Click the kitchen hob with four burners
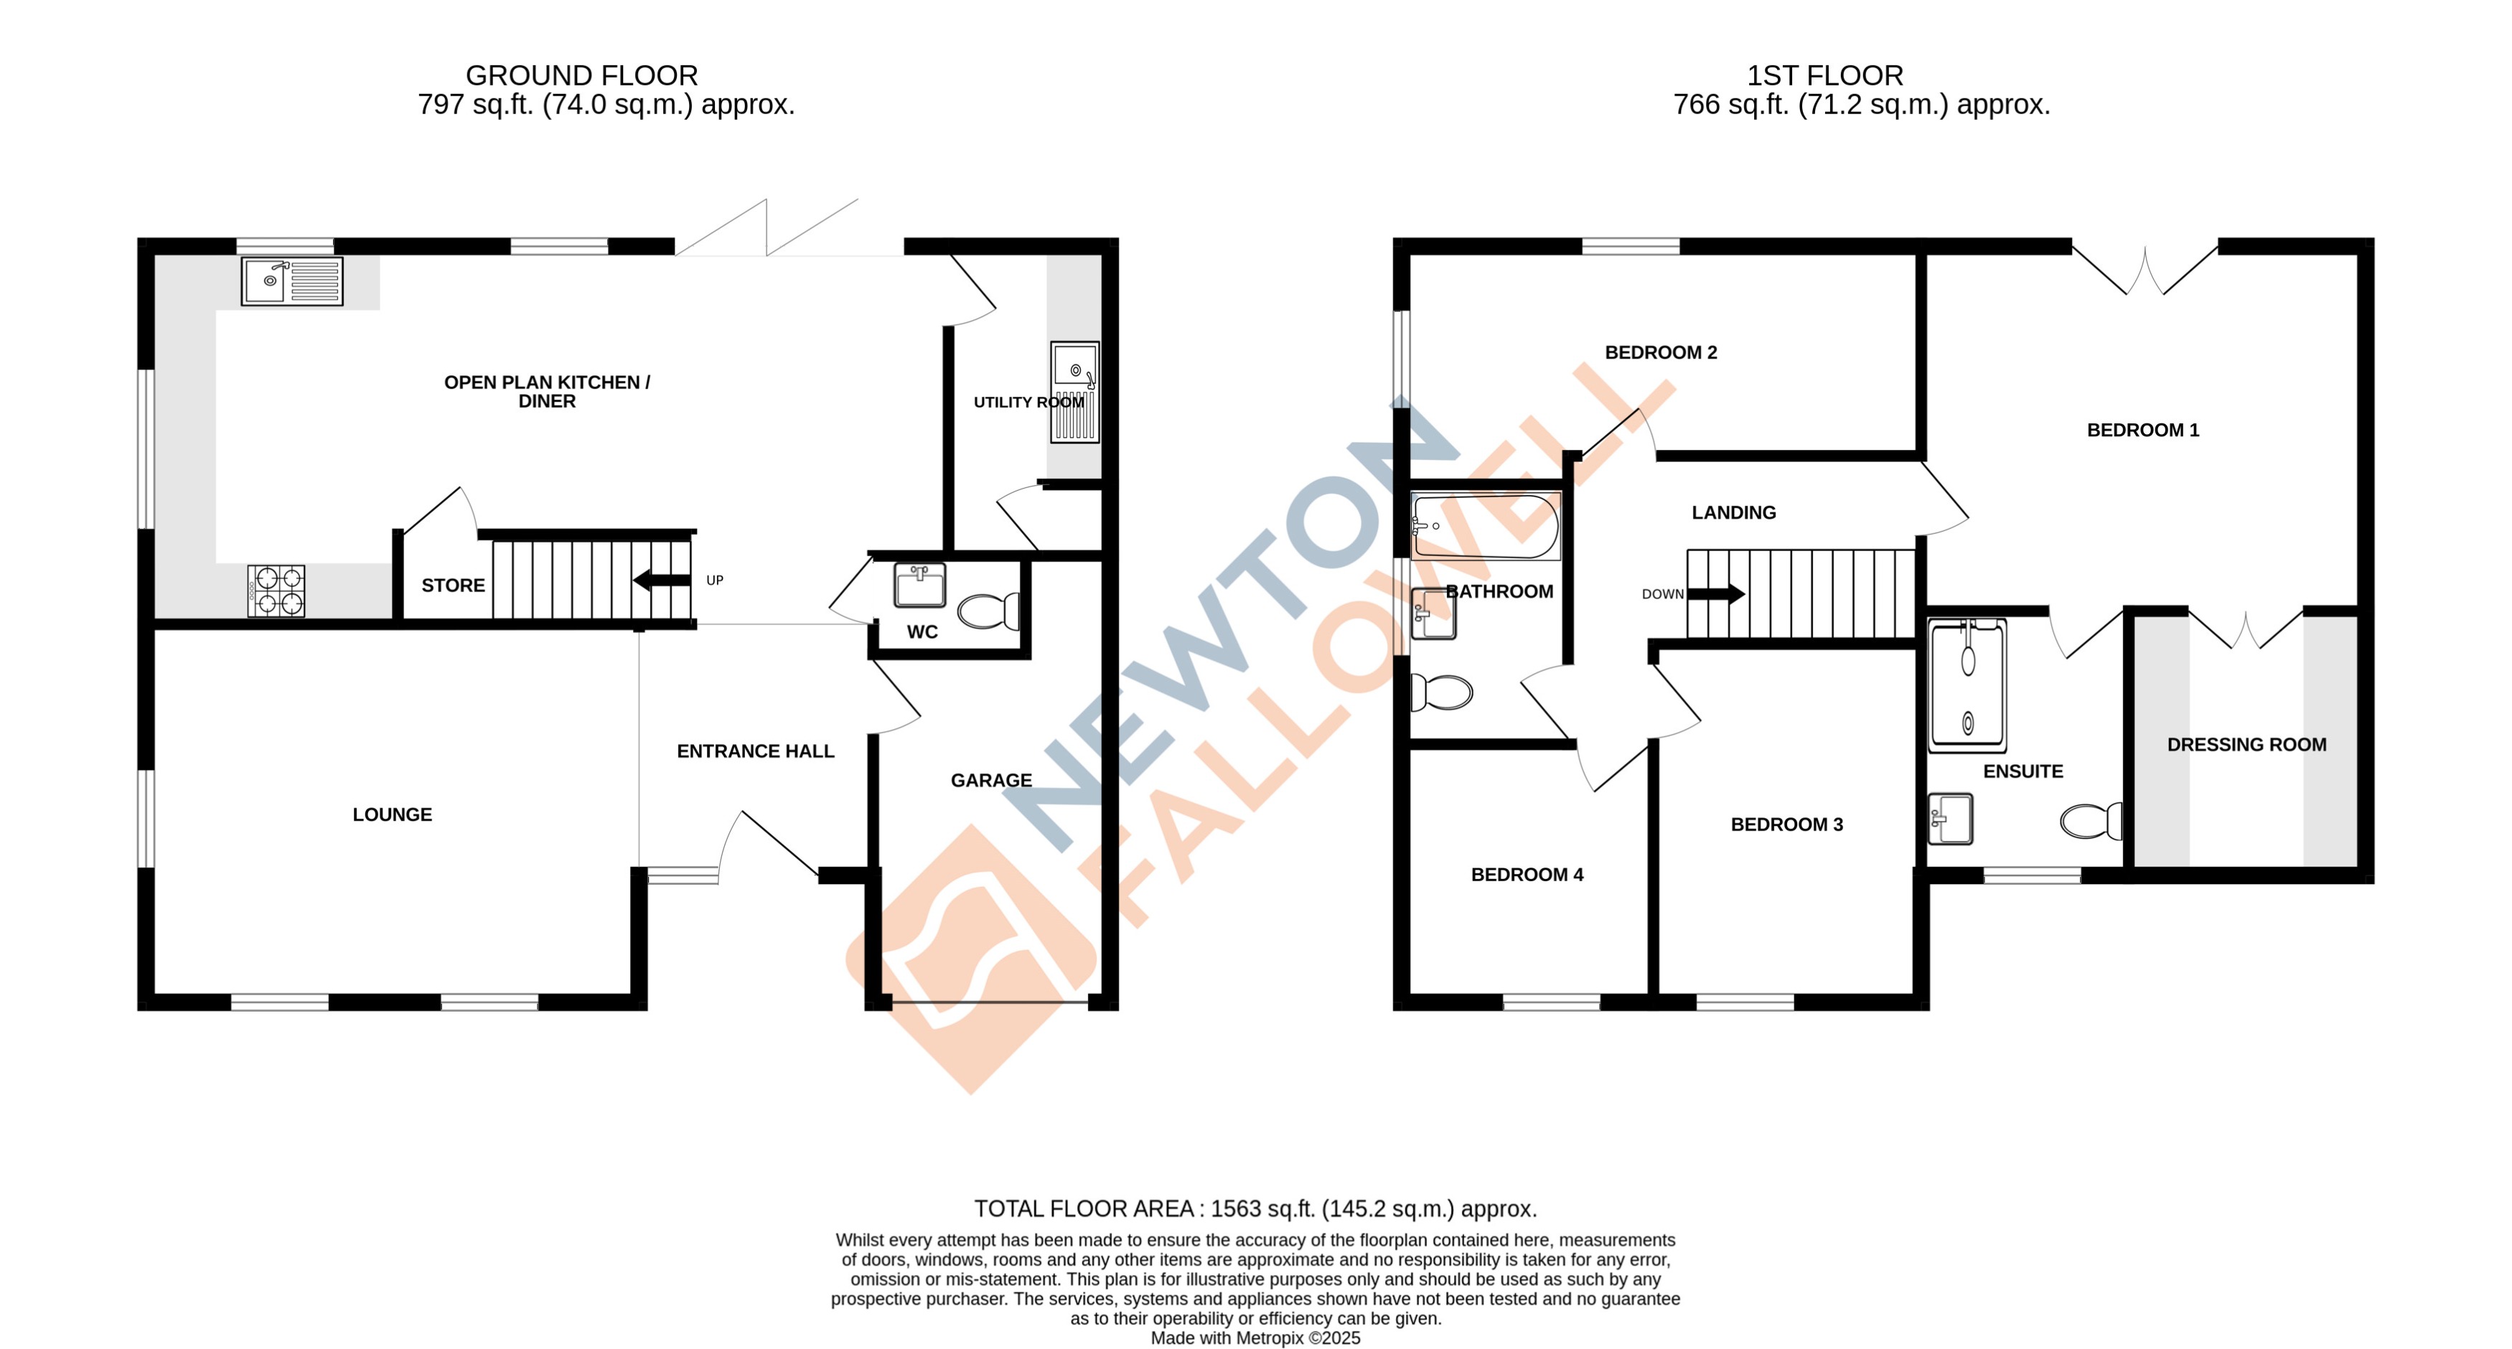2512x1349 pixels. coord(276,591)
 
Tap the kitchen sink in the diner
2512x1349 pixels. coord(291,281)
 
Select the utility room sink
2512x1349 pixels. coord(1074,391)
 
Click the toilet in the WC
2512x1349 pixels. coord(988,611)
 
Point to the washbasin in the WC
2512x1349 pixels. coord(919,586)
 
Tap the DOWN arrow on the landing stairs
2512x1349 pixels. coord(1715,593)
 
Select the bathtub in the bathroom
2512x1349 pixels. coord(1485,527)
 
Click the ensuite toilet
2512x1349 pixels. coord(2091,821)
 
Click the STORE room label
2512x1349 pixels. coord(452,586)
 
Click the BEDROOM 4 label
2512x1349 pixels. coord(1526,874)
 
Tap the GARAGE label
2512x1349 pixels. coord(990,781)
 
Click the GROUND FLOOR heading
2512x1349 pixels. coord(581,75)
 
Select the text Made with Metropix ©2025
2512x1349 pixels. coord(1255,1338)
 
